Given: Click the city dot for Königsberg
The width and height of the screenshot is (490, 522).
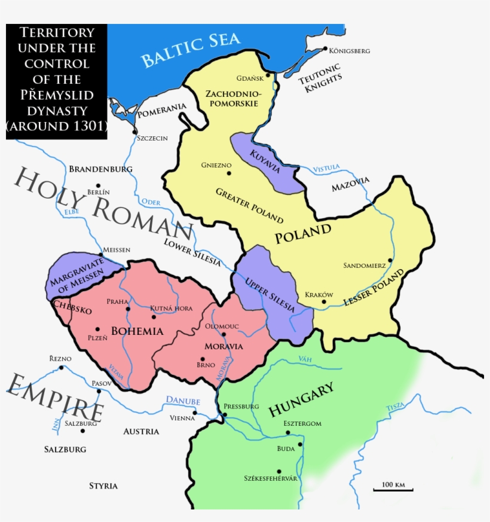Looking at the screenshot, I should pyautogui.click(x=324, y=48).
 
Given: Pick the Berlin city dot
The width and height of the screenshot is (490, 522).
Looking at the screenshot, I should pyautogui.click(x=99, y=186).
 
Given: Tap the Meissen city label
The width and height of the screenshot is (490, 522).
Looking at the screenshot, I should pyautogui.click(x=117, y=250).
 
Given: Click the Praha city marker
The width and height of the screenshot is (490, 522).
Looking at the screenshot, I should pyautogui.click(x=128, y=309).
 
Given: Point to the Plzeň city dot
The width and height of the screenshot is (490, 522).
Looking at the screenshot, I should pyautogui.click(x=97, y=329).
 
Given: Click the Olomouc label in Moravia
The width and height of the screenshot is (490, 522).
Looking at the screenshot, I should pyautogui.click(x=222, y=326).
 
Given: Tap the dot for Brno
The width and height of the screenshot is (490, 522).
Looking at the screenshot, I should pyautogui.click(x=203, y=359).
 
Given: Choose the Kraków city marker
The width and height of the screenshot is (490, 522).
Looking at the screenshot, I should pyautogui.click(x=323, y=302).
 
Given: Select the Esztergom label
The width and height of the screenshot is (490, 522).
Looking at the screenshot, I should pyautogui.click(x=302, y=424).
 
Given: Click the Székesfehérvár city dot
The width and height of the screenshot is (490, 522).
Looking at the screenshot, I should pyautogui.click(x=278, y=471).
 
